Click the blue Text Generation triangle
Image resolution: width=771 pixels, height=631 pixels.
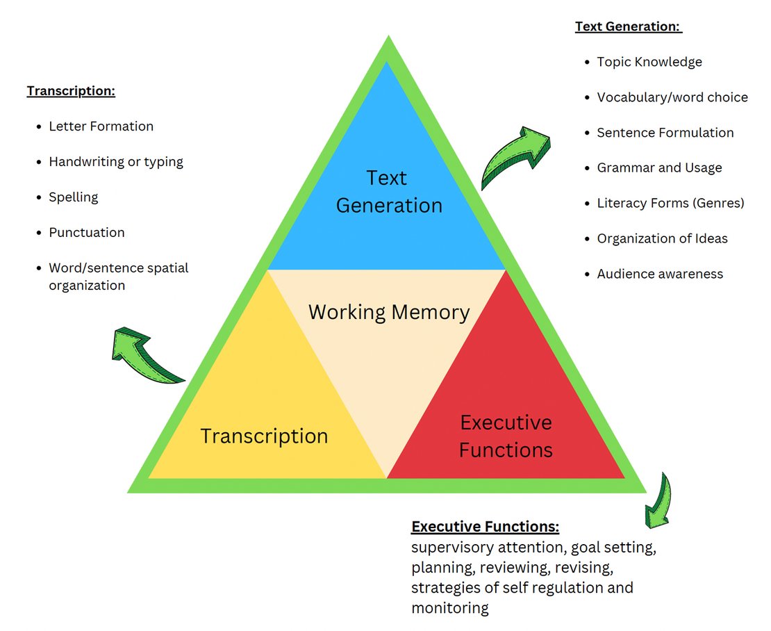coord(388,191)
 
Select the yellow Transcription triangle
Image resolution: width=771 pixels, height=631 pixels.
coord(264,417)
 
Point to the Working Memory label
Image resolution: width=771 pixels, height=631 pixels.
coord(389,312)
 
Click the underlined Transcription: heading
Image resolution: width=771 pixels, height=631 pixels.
coord(71,91)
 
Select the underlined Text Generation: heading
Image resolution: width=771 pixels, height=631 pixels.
coord(628,27)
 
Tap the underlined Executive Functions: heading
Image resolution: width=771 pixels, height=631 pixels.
coord(485,526)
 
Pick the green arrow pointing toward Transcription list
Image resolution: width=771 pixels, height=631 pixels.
coord(146,354)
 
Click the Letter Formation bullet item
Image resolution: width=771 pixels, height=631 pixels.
coord(101,126)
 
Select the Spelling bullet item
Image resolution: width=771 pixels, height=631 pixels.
coord(73,197)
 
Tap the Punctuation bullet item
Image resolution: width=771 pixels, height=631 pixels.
coord(87,233)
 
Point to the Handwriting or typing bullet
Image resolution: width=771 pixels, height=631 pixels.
coord(116,162)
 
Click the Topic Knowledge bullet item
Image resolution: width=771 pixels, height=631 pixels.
coord(649,62)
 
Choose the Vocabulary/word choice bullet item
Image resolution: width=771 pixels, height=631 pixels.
coord(672,97)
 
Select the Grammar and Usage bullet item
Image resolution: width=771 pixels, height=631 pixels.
coord(659,167)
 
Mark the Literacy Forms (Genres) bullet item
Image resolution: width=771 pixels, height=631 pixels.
coord(670,203)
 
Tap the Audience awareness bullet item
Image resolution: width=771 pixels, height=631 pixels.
coord(660,274)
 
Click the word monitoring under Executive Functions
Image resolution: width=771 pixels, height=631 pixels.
coord(450,608)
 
